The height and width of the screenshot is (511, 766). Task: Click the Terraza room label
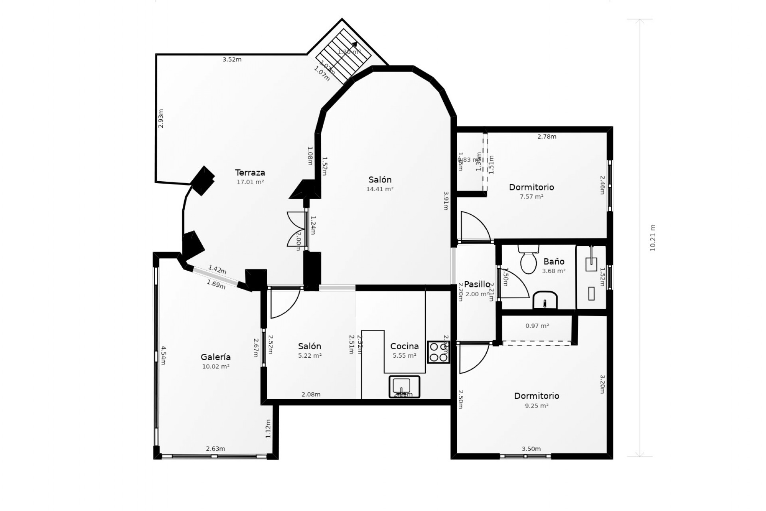pyautogui.click(x=250, y=173)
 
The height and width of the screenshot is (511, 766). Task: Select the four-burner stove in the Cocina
pyautogui.click(x=438, y=352)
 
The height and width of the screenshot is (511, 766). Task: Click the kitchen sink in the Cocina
pyautogui.click(x=404, y=386)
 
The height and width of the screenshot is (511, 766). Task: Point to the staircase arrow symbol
pyautogui.click(x=354, y=45)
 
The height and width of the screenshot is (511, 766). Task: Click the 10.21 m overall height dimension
pyautogui.click(x=653, y=238)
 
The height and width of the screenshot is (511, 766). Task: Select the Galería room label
pyautogui.click(x=215, y=357)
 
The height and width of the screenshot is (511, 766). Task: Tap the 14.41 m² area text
pyautogui.click(x=380, y=189)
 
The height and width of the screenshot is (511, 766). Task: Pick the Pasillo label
pyautogui.click(x=477, y=284)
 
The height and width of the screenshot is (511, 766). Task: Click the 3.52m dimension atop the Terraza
pyautogui.click(x=232, y=59)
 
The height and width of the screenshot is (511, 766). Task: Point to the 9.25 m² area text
pyautogui.click(x=537, y=406)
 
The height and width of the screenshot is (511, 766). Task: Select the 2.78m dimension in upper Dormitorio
pyautogui.click(x=547, y=137)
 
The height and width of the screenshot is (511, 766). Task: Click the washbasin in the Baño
pyautogui.click(x=545, y=300)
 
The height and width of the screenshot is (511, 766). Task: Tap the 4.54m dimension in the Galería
pyautogui.click(x=163, y=355)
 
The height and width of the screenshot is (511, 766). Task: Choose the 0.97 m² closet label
pyautogui.click(x=537, y=326)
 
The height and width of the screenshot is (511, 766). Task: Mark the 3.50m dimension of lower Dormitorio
pyautogui.click(x=531, y=449)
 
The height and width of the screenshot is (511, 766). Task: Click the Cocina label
pyautogui.click(x=404, y=347)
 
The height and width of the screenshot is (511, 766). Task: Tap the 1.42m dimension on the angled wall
pyautogui.click(x=217, y=270)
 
